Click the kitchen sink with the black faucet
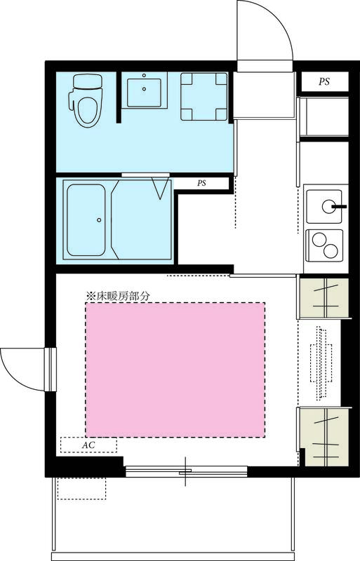326,205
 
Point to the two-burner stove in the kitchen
323,243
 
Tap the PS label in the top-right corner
324,82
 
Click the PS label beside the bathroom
201,184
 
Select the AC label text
88,445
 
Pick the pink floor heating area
175,369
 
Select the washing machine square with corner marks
204,97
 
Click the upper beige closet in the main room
323,297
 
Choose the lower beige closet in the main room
323,436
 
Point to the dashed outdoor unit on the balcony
81,487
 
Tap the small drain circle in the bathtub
99,219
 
